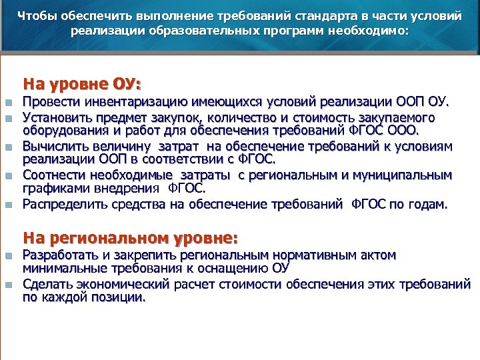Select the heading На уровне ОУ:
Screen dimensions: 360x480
(x=83, y=85)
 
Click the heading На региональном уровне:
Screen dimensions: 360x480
(x=130, y=237)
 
